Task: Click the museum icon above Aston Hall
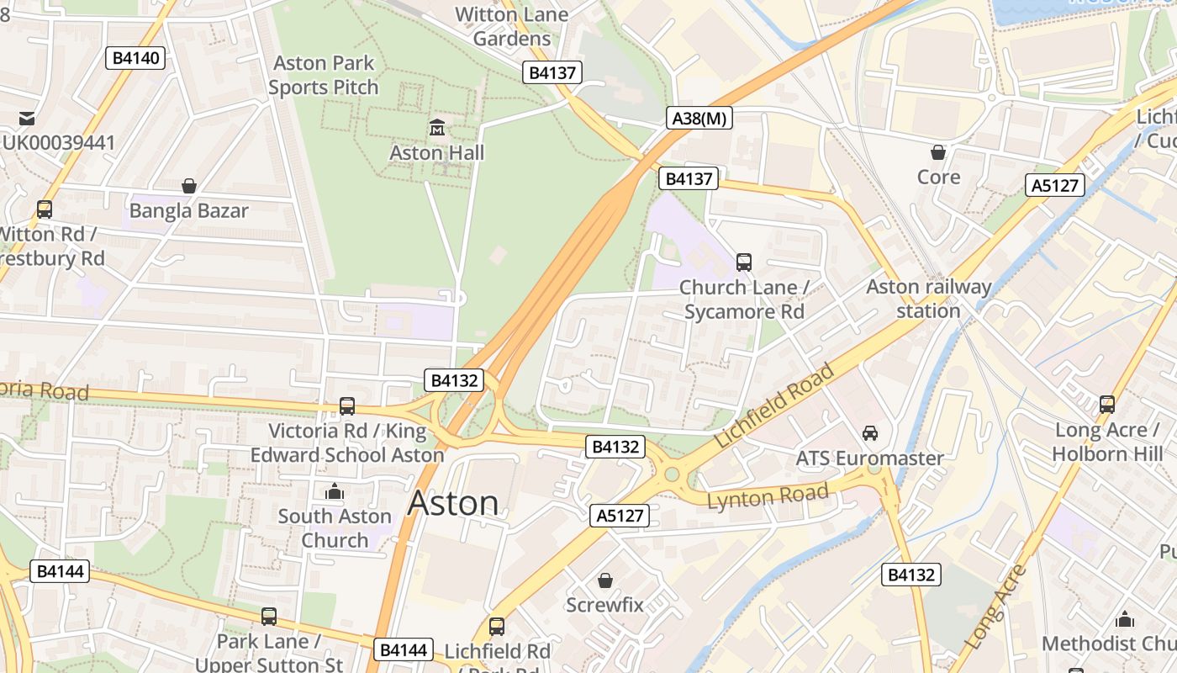437,128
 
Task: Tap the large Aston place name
453,503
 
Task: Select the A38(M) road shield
699,119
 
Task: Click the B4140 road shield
135,58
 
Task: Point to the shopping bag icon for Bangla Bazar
189,185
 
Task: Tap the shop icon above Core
938,152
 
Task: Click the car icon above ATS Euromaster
870,433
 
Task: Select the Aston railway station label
929,299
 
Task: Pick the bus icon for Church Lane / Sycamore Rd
744,262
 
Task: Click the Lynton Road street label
768,496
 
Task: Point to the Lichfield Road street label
774,405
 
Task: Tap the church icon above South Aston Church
335,491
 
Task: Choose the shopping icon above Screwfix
604,580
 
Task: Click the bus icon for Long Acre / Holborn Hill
1107,405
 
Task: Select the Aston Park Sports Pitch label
324,75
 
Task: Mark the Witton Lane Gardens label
511,26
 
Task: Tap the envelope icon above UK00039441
28,118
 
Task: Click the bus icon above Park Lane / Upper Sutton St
269,617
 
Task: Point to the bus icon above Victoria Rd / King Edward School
347,406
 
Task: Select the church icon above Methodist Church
1125,620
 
